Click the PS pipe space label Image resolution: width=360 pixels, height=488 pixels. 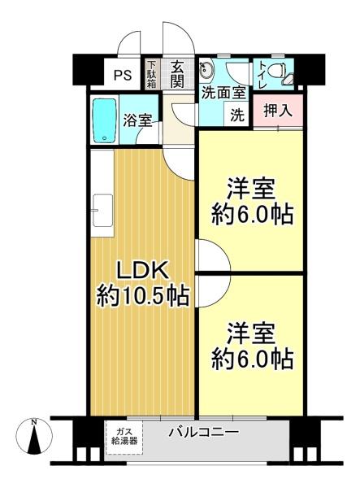pos(123,75)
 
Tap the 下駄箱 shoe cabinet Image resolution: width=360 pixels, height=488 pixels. pos(152,74)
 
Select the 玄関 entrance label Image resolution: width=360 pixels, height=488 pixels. pos(177,75)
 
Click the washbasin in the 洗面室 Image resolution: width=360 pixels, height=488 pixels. pos(206,69)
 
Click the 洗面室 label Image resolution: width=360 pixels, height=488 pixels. pos(223,93)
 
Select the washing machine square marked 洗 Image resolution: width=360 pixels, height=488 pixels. pos(237,115)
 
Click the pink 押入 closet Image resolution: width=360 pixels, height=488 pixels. pos(278,111)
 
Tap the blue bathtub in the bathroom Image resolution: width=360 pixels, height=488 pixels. pos(105,120)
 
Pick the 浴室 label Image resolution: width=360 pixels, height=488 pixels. pos(137,120)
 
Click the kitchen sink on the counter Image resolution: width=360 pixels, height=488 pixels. pos(103,211)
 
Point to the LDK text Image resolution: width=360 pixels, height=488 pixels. pos(142,271)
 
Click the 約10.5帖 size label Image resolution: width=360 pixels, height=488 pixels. pos(143,296)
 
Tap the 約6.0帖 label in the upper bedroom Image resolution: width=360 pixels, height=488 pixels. pos(252,214)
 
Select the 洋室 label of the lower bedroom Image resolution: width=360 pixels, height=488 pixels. pos(251,333)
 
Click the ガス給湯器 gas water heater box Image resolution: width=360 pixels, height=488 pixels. pos(124,437)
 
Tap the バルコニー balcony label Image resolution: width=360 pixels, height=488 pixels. pos(204,432)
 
